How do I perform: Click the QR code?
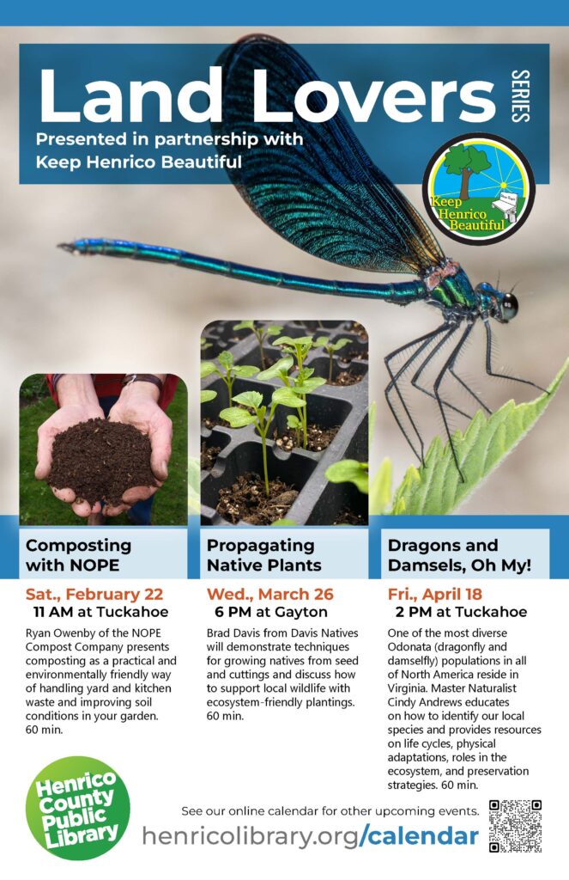tap(515, 826)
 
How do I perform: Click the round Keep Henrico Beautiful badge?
tap(478, 188)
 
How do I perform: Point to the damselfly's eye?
tap(509, 305)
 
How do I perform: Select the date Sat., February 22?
tap(94, 594)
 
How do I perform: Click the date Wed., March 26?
tap(269, 594)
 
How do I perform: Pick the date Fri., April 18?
tap(434, 594)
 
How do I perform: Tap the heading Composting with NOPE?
tap(78, 555)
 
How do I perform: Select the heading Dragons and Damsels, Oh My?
tap(459, 555)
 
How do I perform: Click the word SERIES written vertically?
tap(520, 95)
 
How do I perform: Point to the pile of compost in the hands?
tap(101, 461)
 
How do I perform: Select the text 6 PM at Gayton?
tap(270, 612)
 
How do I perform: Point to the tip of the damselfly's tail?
tap(60, 246)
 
